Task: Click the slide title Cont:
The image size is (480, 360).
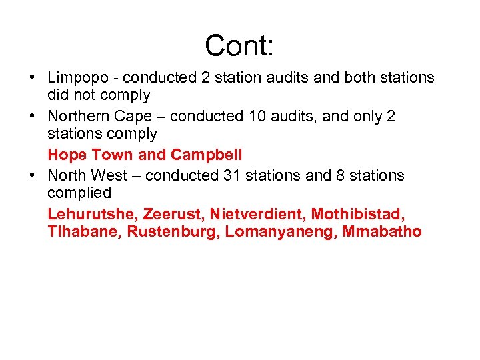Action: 239,45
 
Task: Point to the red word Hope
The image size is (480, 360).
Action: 67,155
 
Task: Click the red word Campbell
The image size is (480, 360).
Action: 207,155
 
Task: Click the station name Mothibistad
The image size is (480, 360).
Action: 358,214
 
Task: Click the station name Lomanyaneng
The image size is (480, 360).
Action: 281,233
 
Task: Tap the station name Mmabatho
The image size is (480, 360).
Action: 382,233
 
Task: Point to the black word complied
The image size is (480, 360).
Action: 79,193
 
